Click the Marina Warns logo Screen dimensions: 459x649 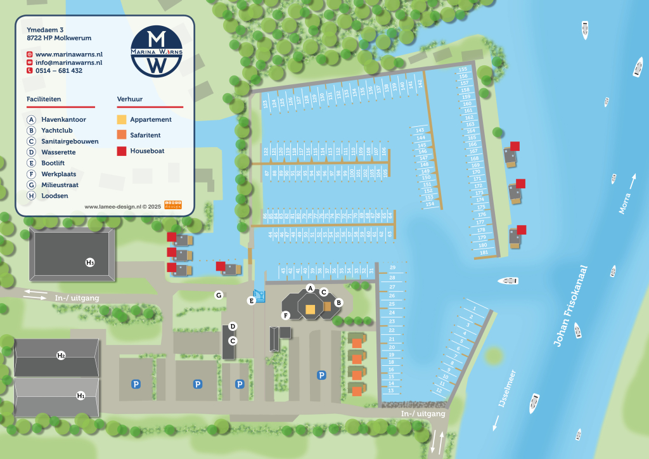pos(157,51)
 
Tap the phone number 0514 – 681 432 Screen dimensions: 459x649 pos(60,71)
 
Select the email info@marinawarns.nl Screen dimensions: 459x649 pos(68,63)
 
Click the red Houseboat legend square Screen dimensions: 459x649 pos(122,151)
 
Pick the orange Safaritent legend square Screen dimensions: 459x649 pos(122,135)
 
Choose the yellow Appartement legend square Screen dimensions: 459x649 pos(122,119)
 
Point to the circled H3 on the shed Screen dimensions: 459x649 pos(90,262)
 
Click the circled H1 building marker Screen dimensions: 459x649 pos(80,396)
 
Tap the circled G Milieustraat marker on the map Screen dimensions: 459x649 pos(218,295)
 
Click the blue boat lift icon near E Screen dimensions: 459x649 pos(258,296)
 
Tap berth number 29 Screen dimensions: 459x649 pos(392,268)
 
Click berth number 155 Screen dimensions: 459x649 pos(463,69)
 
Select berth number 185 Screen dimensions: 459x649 pos(484,253)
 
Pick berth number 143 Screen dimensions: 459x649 pos(420,130)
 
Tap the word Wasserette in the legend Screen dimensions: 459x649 pos(58,152)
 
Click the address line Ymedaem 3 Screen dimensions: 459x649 pos(46,29)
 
